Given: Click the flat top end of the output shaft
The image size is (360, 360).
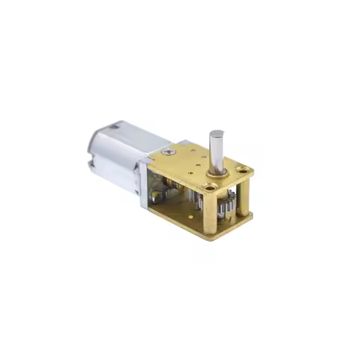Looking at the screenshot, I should (216, 133).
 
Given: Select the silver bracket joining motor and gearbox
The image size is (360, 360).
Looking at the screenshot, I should (142, 184).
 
